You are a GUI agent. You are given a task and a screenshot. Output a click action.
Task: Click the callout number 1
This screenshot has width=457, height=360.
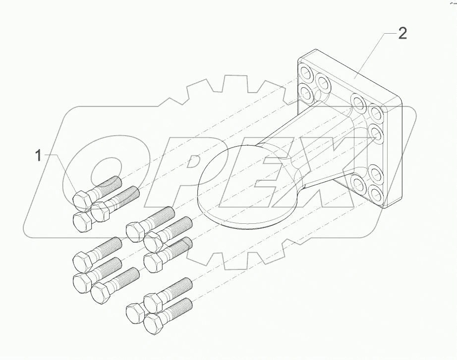[38, 156]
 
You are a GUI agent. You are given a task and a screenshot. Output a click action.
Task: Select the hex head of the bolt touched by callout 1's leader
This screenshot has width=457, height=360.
[81, 200]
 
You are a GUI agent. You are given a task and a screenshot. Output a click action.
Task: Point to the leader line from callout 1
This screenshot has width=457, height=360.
[62, 171]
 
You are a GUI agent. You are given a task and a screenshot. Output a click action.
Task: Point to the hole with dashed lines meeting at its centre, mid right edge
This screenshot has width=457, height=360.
[375, 133]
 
